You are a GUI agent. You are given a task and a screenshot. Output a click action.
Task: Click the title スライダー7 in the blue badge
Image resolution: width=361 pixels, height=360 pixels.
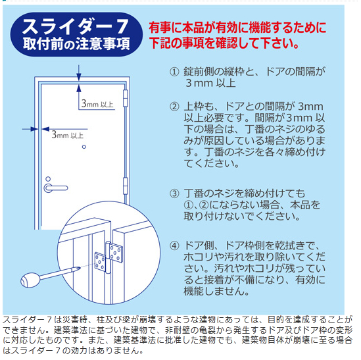pos(75,26)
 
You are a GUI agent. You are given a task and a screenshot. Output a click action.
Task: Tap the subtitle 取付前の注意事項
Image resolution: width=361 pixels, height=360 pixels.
pos(76,44)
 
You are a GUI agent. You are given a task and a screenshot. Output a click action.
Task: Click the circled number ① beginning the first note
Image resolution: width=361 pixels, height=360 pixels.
pos(174,72)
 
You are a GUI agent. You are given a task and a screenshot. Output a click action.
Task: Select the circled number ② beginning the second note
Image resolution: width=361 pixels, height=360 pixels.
pos(174,107)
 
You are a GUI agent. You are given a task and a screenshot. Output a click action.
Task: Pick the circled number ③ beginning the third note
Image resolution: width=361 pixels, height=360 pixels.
pos(174,193)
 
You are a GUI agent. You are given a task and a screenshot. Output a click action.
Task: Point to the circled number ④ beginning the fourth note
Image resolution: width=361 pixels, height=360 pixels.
pos(174,246)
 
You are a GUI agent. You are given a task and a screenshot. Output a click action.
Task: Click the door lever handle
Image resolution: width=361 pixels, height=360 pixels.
pos(56,188)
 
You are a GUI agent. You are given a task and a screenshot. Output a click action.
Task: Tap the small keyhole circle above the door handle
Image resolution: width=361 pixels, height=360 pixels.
pos(48,179)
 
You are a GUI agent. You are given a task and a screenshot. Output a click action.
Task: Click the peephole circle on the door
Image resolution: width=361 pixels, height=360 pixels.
pos(84,147)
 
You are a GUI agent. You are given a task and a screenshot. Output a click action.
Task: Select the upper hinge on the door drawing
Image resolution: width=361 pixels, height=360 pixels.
pos(126,99)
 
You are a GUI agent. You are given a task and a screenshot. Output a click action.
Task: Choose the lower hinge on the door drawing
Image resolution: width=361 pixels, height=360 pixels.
pos(126,186)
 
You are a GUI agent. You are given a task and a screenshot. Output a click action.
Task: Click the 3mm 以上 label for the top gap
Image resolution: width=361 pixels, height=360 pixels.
pos(97,104)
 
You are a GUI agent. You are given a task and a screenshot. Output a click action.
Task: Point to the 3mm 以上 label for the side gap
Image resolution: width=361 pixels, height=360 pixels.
pos(68,135)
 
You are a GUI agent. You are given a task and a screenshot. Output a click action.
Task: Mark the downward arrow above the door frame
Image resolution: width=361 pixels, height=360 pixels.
pos(79,73)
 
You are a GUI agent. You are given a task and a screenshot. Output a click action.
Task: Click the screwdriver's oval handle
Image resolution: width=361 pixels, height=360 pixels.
pos(30,280)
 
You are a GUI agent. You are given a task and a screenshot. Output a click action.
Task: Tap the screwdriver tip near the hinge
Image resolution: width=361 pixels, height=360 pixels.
pos(79,268)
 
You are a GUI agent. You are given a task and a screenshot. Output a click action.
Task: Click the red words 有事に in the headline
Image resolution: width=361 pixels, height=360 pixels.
pos(165,28)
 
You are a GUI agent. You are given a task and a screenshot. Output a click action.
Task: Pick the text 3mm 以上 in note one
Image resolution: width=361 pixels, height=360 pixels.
pos(210,83)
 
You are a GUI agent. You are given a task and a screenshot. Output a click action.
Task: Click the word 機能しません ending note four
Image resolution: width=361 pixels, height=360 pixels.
pos(216,291)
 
